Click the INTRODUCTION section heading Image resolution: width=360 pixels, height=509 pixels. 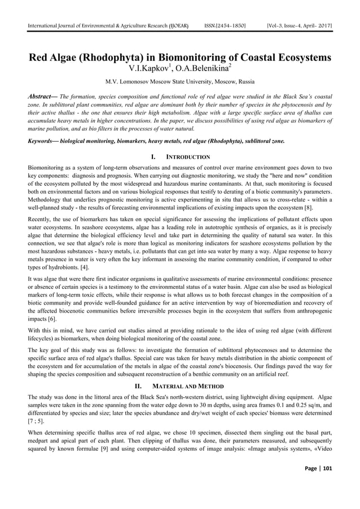tap(187, 157)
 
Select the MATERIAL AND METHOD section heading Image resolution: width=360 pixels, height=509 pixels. tap(187, 386)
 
